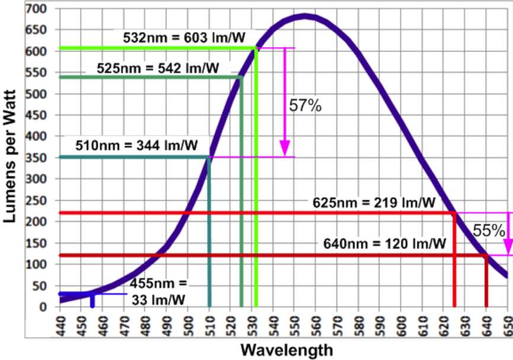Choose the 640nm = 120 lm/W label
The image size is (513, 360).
click(384, 243)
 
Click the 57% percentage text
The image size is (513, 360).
click(305, 106)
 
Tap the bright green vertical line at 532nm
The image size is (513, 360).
click(256, 178)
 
